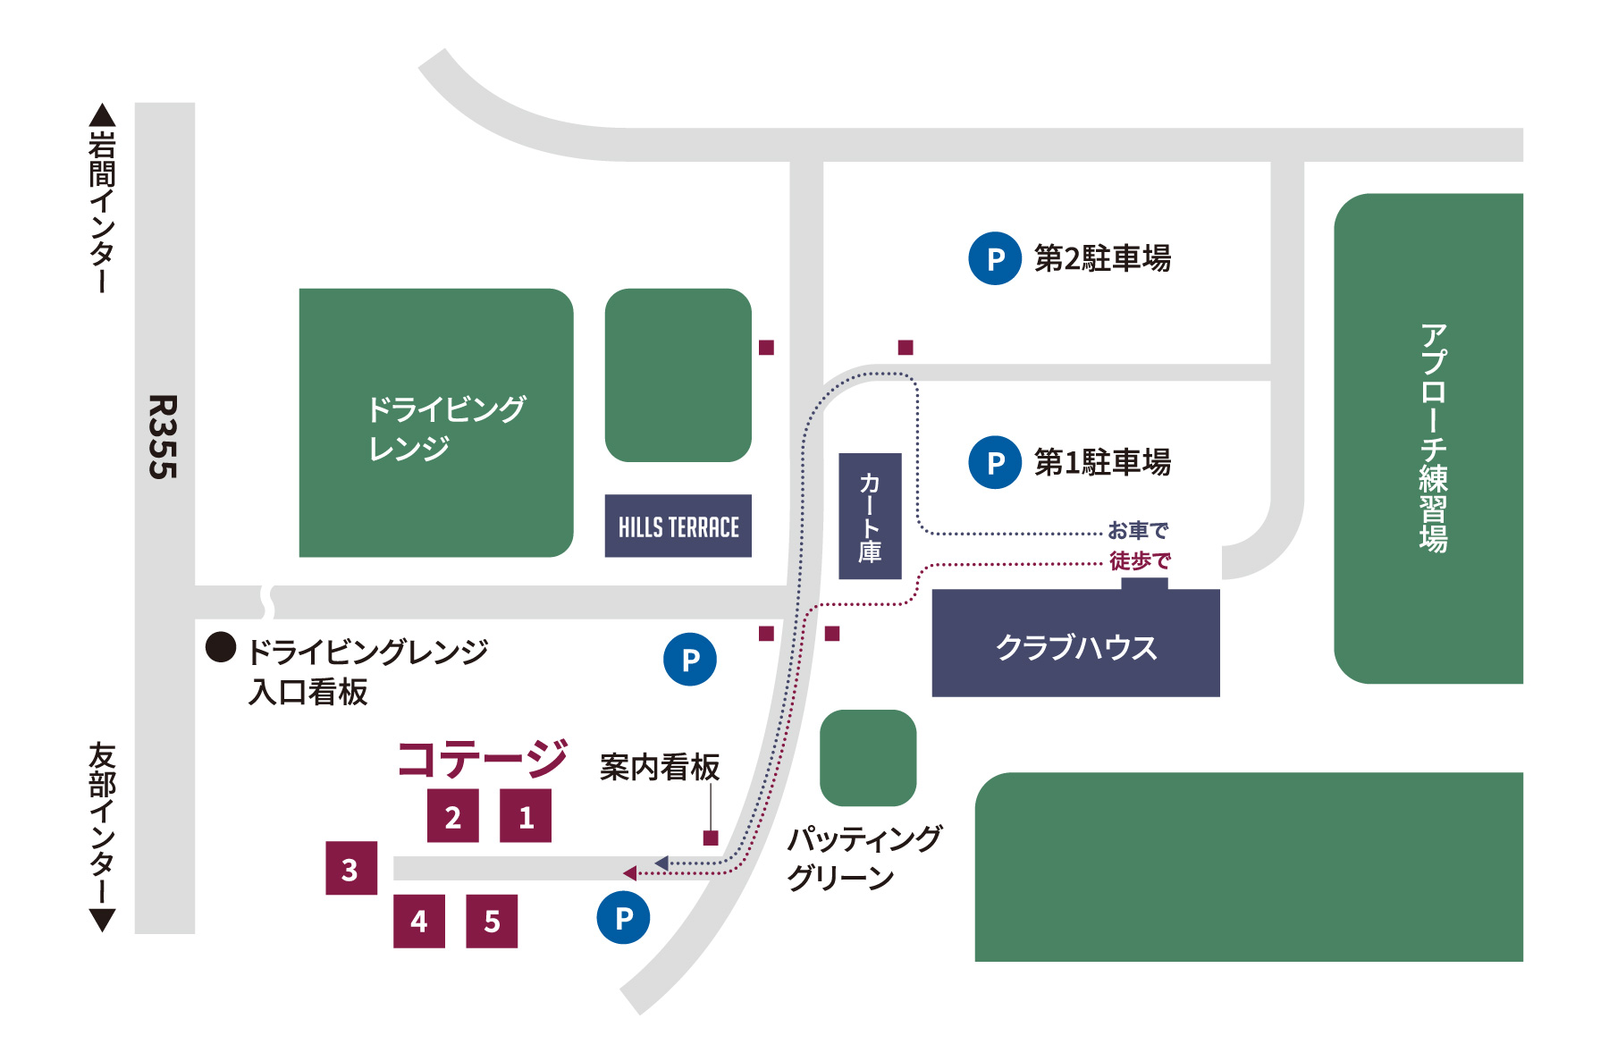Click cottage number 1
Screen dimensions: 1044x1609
[526, 816]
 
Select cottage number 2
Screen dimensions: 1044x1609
[453, 816]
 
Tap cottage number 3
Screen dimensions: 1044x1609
[350, 868]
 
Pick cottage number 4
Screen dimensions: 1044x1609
[419, 922]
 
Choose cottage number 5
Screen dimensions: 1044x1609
[492, 922]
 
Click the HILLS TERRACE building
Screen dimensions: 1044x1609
[678, 526]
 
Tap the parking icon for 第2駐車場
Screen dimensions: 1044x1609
[995, 258]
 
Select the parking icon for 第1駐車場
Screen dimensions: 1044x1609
[995, 462]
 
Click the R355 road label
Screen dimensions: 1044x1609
[164, 437]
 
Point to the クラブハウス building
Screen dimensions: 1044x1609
[1075, 646]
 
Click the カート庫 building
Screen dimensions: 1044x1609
[870, 517]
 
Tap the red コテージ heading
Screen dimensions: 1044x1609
[482, 759]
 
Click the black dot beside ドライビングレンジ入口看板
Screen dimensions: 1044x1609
[221, 647]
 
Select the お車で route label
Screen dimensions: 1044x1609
[1138, 530]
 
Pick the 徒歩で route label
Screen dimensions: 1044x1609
[1140, 561]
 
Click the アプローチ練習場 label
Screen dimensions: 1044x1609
[1433, 438]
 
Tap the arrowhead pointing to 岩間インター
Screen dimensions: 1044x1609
[103, 115]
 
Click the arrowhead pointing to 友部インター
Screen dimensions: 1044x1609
[103, 920]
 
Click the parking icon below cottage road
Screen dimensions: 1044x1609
[623, 917]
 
